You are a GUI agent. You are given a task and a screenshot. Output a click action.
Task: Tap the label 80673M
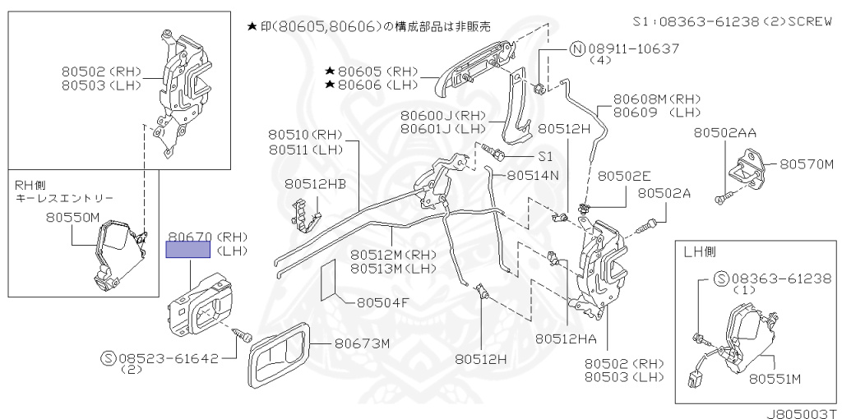tap(363, 343)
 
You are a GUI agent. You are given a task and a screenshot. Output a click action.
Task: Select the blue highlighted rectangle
tap(188, 250)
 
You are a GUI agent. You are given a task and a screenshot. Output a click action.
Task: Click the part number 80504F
tap(383, 303)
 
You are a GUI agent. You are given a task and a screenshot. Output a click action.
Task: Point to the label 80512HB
tap(315, 184)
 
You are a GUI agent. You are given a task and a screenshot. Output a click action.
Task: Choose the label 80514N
tap(533, 176)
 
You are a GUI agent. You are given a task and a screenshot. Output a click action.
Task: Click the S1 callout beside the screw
tap(545, 156)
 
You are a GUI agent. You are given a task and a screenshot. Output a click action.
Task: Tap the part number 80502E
tap(625, 176)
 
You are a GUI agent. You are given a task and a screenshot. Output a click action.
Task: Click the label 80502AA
tap(725, 132)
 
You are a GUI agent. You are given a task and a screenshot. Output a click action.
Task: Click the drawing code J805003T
tap(803, 413)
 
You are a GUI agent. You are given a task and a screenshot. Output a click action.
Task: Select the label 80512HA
tap(566, 339)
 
